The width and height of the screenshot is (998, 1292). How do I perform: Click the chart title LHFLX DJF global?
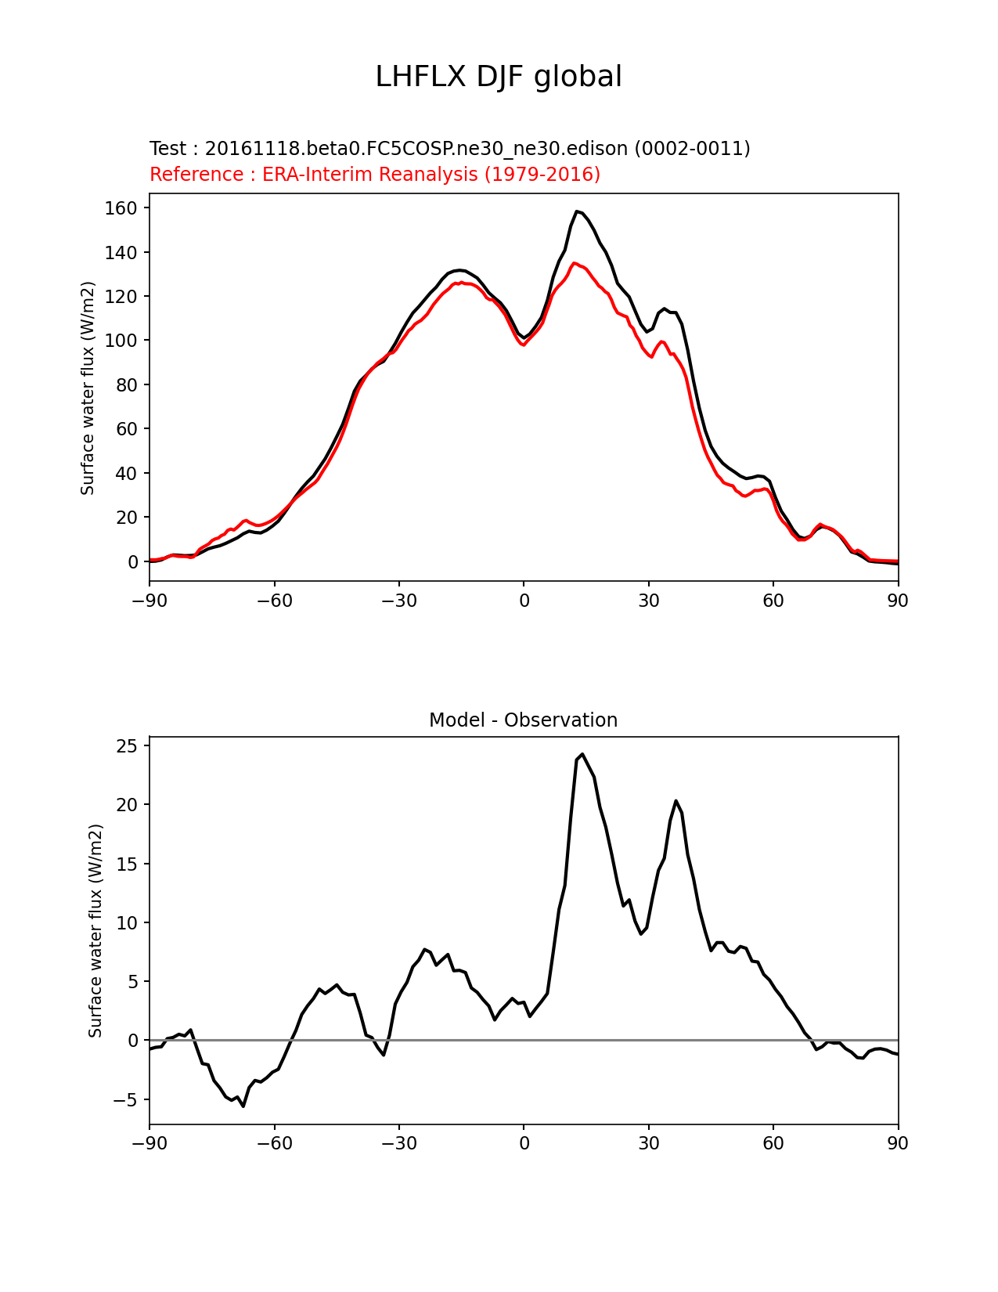click(499, 78)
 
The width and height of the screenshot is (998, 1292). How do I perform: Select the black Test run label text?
click(449, 149)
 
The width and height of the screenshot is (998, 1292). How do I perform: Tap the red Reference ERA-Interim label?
click(375, 175)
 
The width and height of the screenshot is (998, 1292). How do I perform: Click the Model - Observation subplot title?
click(523, 720)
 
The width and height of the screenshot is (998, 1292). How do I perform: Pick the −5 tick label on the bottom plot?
click(123, 1099)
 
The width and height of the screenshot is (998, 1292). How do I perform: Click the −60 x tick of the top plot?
click(274, 601)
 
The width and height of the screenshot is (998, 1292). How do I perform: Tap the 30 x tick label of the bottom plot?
click(648, 1143)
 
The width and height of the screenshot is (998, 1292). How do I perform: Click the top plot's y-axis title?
click(88, 388)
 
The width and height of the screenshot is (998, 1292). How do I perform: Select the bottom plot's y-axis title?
click(95, 931)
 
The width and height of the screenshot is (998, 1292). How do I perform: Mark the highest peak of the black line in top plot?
click(577, 211)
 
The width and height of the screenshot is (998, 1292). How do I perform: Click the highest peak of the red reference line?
click(574, 263)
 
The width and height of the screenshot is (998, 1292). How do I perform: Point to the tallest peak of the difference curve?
click(582, 754)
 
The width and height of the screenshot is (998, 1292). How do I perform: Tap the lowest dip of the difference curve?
click(243, 1106)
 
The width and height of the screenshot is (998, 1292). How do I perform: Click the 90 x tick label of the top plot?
click(898, 601)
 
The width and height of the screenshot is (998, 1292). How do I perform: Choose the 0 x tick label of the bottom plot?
click(524, 1143)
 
